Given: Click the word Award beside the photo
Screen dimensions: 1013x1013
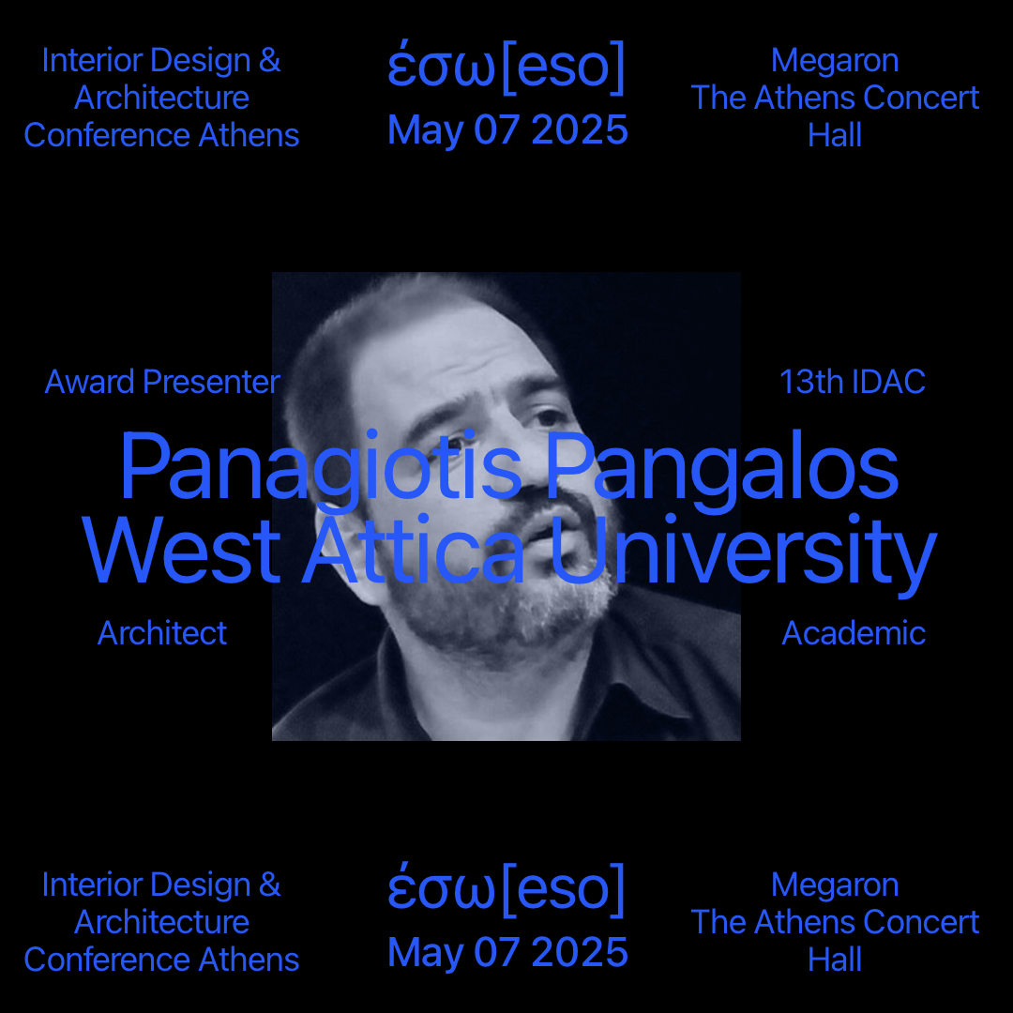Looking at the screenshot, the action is click(90, 382).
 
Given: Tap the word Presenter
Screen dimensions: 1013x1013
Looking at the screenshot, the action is click(211, 382).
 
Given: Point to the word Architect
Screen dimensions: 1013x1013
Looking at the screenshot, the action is click(162, 633).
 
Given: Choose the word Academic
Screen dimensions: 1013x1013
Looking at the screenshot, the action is click(854, 633).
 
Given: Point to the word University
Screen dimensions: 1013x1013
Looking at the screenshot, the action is click(743, 554).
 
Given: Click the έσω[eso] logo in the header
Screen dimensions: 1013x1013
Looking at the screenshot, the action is click(506, 67).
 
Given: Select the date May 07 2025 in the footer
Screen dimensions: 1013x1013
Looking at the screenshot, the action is click(507, 952).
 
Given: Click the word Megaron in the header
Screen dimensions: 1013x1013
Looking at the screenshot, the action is click(835, 62).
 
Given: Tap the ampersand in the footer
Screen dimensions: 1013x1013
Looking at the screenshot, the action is click(270, 884).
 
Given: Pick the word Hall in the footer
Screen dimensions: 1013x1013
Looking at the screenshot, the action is click(835, 960).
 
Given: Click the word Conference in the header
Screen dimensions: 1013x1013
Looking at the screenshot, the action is click(107, 136).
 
